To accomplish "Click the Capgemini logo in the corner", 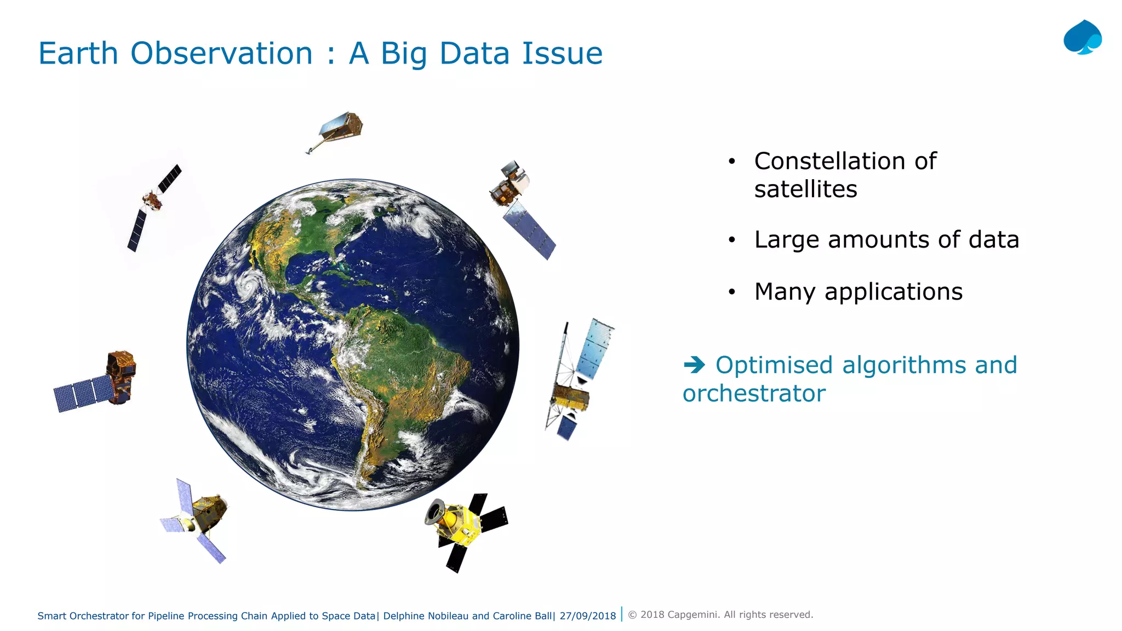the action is (1083, 38).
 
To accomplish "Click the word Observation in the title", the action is (221, 54).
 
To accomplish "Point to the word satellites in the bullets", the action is (805, 190).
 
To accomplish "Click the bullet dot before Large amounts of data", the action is (731, 240).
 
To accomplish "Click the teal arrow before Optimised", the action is (694, 365).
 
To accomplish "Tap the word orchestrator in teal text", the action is (754, 393).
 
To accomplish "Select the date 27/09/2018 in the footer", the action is (588, 616).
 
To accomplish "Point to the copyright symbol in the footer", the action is (632, 615).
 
